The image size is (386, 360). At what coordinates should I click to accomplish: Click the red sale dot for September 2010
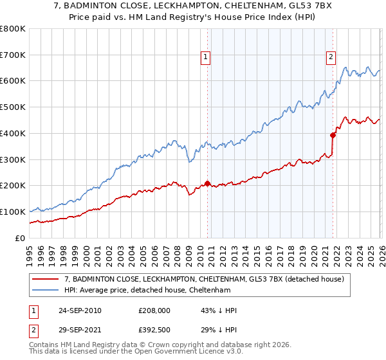click(x=207, y=183)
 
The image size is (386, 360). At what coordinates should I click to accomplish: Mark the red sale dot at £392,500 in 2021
click(x=333, y=135)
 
